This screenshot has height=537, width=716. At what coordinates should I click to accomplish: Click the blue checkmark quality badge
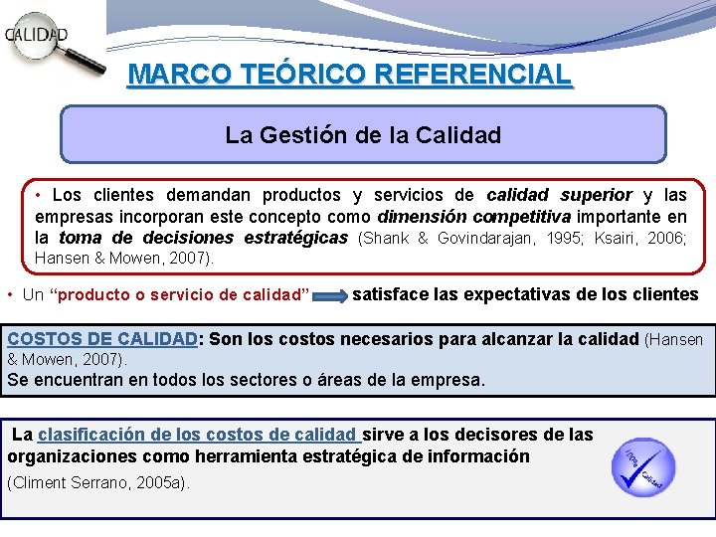click(642, 467)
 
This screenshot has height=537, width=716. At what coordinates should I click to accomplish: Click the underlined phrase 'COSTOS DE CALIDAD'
click(102, 339)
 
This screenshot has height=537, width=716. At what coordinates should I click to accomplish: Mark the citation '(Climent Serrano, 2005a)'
click(97, 482)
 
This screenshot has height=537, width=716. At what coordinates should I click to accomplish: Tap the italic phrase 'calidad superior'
click(559, 195)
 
